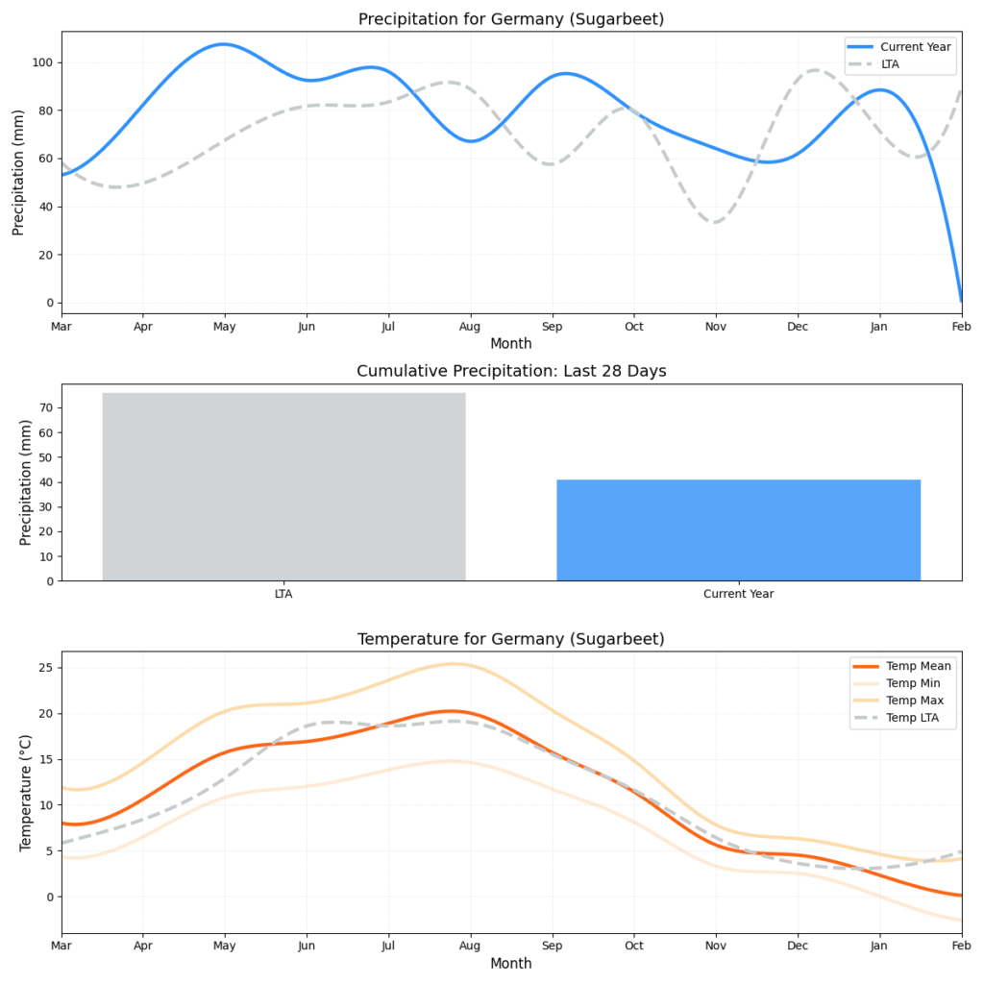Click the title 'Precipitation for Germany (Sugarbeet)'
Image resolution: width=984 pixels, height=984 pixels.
pos(510,19)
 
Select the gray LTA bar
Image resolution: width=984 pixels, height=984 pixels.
pos(283,486)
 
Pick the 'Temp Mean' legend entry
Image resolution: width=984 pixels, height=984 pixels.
pos(918,666)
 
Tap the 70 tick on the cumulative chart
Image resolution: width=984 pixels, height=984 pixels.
pos(48,407)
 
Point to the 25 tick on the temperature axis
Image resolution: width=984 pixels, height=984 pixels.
pos(48,668)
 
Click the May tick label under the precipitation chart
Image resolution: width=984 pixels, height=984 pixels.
pos(225,326)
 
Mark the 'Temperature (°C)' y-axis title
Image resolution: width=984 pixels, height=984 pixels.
pos(26,793)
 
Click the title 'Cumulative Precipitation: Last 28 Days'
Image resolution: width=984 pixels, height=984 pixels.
pos(510,372)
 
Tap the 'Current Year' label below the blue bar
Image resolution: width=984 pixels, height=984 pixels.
pos(738,594)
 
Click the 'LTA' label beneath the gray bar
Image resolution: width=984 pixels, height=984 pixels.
pos(283,594)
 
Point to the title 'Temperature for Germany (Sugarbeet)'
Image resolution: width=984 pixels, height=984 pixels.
pos(510,639)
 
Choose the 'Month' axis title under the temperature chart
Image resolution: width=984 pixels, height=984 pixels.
pos(510,963)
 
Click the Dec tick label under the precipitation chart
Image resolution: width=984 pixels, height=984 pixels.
pos(797,326)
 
